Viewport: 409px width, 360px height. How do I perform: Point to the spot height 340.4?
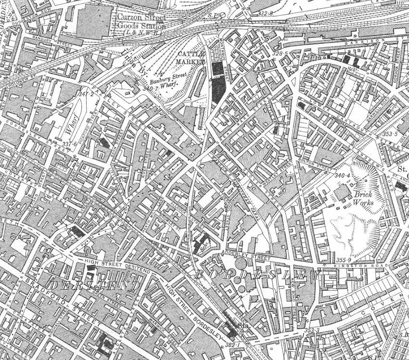point(342,176)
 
